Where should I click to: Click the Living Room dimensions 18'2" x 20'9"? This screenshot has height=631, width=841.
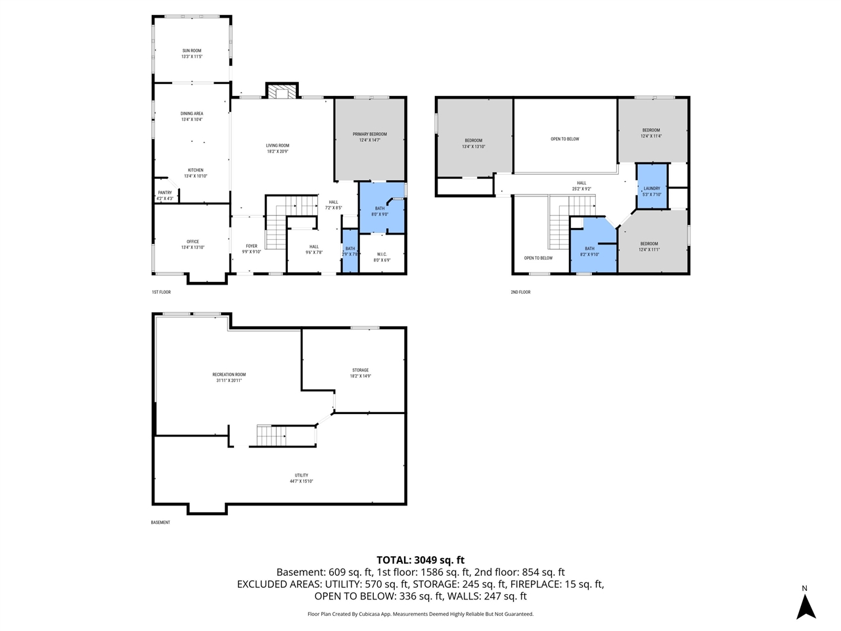click(x=277, y=152)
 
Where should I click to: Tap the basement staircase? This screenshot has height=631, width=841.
click(x=271, y=436)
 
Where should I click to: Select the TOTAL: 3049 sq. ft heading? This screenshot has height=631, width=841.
click(x=420, y=560)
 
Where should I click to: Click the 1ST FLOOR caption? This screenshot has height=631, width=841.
click(x=161, y=292)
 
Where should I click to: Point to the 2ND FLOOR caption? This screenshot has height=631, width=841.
click(x=520, y=292)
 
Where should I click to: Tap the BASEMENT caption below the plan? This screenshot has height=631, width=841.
click(x=160, y=523)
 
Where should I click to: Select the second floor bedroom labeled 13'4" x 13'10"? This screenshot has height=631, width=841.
click(x=473, y=143)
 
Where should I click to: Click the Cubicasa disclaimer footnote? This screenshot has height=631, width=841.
click(x=420, y=614)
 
